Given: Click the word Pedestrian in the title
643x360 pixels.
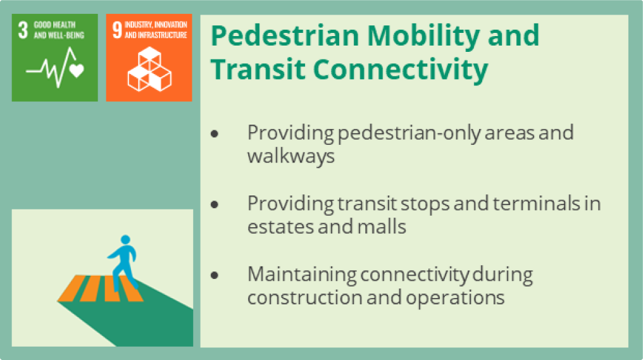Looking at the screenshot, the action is pos(285,35).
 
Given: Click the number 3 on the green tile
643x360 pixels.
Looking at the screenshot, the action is pos(23,30).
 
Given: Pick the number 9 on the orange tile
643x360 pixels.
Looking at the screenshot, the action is pos(117,30).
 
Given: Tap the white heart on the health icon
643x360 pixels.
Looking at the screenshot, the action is pos(77,70).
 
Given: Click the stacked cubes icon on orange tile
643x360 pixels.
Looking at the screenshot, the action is pos(149,69).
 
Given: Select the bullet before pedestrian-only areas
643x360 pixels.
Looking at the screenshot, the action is pos(215,133).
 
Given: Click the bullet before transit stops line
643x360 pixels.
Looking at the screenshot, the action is pos(215,204).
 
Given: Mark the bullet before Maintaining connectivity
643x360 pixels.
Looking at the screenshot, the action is pos(215,275).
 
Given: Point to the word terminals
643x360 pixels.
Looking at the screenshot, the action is pos(537,203).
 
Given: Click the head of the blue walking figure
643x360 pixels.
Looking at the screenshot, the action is pos(125,239).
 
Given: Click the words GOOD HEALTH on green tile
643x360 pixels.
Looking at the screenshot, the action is pos(54,25).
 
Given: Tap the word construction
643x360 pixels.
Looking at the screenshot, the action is pos(304,297).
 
